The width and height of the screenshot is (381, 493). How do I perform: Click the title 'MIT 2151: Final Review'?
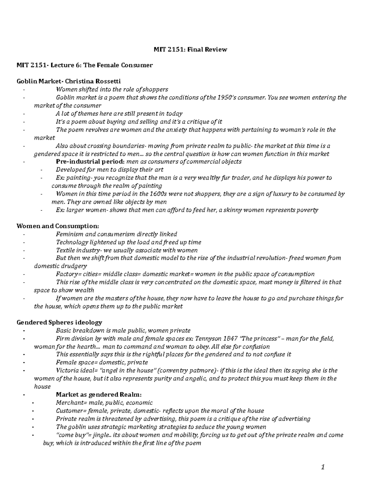(190, 49)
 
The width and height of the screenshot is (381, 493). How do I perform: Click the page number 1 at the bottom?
(323, 467)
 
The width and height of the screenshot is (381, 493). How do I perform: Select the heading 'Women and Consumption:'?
(57, 226)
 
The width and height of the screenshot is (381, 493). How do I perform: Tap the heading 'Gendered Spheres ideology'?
(59, 323)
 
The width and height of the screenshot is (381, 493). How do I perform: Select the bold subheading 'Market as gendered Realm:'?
(98, 395)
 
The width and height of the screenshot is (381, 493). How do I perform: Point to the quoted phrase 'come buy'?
(69, 435)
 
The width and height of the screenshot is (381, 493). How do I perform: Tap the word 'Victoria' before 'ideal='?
(66, 370)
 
